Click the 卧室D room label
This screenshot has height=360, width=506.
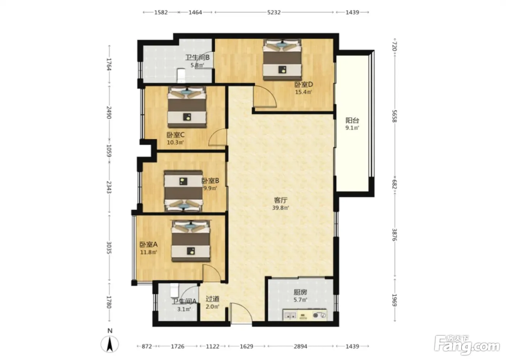click(x=304, y=85)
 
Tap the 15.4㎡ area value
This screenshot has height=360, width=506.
click(x=303, y=92)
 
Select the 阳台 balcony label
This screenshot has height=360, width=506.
click(x=352, y=120)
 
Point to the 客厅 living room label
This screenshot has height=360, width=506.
click(x=280, y=200)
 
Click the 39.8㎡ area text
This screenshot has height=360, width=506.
click(x=280, y=208)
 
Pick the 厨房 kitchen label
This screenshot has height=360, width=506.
click(x=300, y=292)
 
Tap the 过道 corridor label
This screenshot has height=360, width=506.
click(x=213, y=299)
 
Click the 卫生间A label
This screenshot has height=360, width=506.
click(x=184, y=301)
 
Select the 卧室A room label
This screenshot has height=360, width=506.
click(x=149, y=244)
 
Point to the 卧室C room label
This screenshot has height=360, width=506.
click(x=176, y=135)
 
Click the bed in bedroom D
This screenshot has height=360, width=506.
click(x=282, y=60)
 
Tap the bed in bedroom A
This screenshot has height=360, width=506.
click(x=191, y=241)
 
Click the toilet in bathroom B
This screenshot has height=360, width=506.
click(x=181, y=76)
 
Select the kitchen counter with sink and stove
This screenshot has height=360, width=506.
click(x=305, y=315)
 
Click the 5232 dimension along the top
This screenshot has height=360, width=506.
click(x=274, y=12)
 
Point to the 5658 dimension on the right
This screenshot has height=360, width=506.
click(x=394, y=116)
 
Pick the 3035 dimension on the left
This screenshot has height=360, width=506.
click(x=109, y=248)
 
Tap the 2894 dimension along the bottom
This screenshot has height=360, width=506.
click(x=300, y=346)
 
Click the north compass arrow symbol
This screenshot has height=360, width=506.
click(x=110, y=344)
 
